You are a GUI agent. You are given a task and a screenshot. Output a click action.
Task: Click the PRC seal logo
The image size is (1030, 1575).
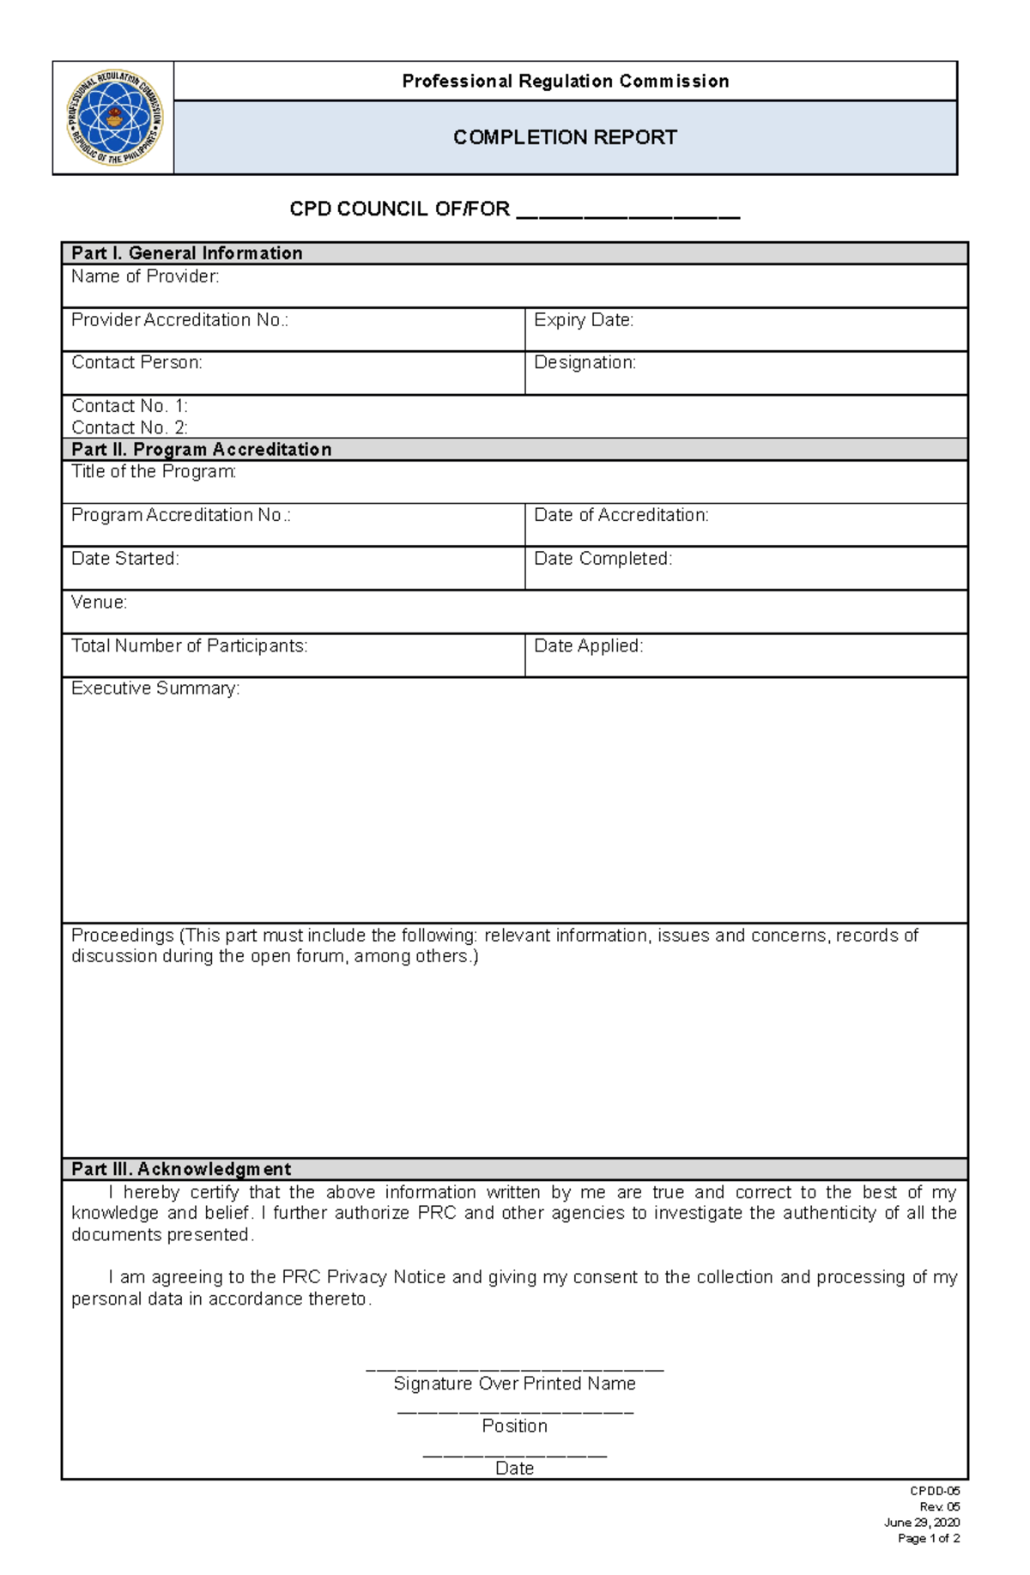point(114,118)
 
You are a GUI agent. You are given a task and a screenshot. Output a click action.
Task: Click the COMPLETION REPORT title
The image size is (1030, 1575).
point(565,137)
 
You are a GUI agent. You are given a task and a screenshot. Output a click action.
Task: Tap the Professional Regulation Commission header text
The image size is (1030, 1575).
point(565,82)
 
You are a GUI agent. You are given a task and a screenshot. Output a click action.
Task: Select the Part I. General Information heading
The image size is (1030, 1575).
point(186,253)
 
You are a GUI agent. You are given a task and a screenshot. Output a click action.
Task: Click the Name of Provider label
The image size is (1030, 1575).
point(145,276)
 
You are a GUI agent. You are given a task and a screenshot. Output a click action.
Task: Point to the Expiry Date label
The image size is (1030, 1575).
point(584,320)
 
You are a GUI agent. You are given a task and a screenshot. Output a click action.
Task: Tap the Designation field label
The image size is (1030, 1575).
point(585,363)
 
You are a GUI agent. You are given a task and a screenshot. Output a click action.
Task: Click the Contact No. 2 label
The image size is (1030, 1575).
point(129,427)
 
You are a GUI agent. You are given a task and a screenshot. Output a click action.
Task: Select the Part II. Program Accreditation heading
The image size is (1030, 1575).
point(201,450)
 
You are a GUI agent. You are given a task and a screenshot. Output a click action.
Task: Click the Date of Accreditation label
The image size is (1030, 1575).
point(621,515)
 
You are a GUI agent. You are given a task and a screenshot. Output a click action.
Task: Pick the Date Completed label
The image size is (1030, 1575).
point(603,559)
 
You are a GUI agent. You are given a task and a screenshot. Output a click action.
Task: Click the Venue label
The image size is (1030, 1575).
point(99,603)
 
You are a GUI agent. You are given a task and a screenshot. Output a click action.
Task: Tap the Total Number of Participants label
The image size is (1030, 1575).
point(189,645)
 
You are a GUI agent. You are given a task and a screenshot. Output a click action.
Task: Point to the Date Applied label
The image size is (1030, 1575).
point(588,645)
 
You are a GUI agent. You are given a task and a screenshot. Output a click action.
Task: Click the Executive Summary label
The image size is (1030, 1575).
point(155,688)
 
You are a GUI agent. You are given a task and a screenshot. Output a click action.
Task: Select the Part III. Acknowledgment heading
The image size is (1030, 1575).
point(181,1169)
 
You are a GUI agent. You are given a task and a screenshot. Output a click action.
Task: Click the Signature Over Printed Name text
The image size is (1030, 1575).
point(514,1384)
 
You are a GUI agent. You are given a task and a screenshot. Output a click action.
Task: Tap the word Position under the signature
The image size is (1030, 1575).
point(514,1426)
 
